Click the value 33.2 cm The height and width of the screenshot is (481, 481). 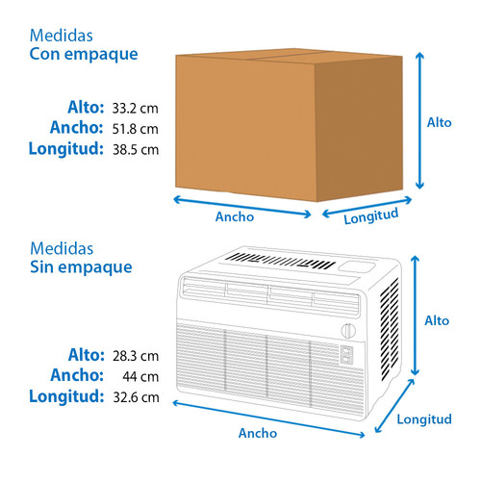[x=135, y=109]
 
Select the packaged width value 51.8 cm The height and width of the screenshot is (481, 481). [x=135, y=129]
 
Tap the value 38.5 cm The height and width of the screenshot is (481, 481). [x=136, y=150]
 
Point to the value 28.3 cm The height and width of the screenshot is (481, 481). [x=136, y=356]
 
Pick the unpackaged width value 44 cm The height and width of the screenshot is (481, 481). [x=140, y=377]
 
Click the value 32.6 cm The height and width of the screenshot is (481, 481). [x=136, y=397]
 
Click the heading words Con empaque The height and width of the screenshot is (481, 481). [x=84, y=55]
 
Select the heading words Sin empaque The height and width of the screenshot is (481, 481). [x=81, y=267]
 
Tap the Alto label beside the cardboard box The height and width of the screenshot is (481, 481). [x=439, y=122]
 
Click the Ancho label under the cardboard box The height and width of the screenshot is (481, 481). [x=235, y=216]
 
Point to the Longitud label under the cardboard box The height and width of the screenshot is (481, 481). [x=371, y=216]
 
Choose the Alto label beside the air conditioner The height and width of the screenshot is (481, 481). [x=437, y=320]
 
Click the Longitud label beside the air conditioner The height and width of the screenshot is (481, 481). [x=424, y=419]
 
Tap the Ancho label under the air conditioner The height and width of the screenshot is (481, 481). [x=258, y=433]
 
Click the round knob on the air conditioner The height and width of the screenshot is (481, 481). [x=348, y=331]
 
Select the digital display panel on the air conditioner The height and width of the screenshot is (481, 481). [x=346, y=355]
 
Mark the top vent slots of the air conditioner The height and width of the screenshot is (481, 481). [x=280, y=261]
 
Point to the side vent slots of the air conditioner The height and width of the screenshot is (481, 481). [x=389, y=330]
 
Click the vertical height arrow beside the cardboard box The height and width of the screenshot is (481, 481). [x=419, y=120]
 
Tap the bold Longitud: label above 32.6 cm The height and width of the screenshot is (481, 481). [x=66, y=396]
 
